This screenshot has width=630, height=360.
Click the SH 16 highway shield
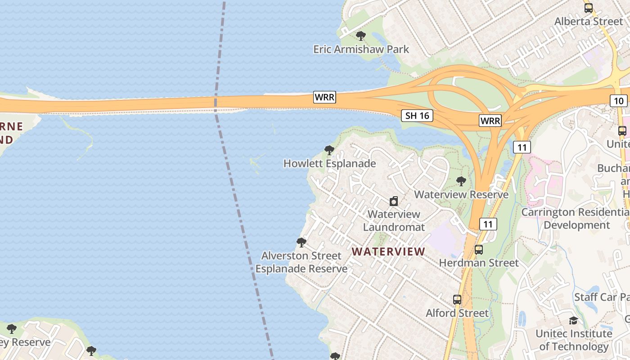click(x=417, y=116)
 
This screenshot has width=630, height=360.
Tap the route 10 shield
click(x=619, y=101)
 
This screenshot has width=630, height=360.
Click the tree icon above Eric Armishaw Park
click(x=360, y=36)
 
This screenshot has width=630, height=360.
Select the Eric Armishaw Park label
click(x=361, y=49)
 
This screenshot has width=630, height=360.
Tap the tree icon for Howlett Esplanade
click(x=329, y=150)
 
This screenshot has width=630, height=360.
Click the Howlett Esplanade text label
click(x=329, y=163)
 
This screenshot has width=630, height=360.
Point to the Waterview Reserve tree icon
click(x=461, y=181)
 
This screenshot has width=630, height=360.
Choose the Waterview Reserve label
click(x=461, y=194)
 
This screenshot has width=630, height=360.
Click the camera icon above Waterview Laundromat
click(x=394, y=201)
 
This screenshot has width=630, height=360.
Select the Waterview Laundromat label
click(x=394, y=220)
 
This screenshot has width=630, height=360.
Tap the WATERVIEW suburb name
click(x=388, y=252)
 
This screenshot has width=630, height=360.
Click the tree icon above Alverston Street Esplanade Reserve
click(x=301, y=243)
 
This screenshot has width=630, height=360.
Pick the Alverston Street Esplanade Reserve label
click(x=301, y=262)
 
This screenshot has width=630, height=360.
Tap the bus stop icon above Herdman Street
click(x=479, y=250)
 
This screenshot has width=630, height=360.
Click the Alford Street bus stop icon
click(x=457, y=300)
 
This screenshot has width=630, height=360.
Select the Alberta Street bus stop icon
click(x=588, y=8)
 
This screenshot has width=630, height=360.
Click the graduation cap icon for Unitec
click(x=573, y=320)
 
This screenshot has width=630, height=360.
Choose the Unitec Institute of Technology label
click(x=574, y=340)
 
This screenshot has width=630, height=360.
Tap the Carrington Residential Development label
click(x=576, y=218)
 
